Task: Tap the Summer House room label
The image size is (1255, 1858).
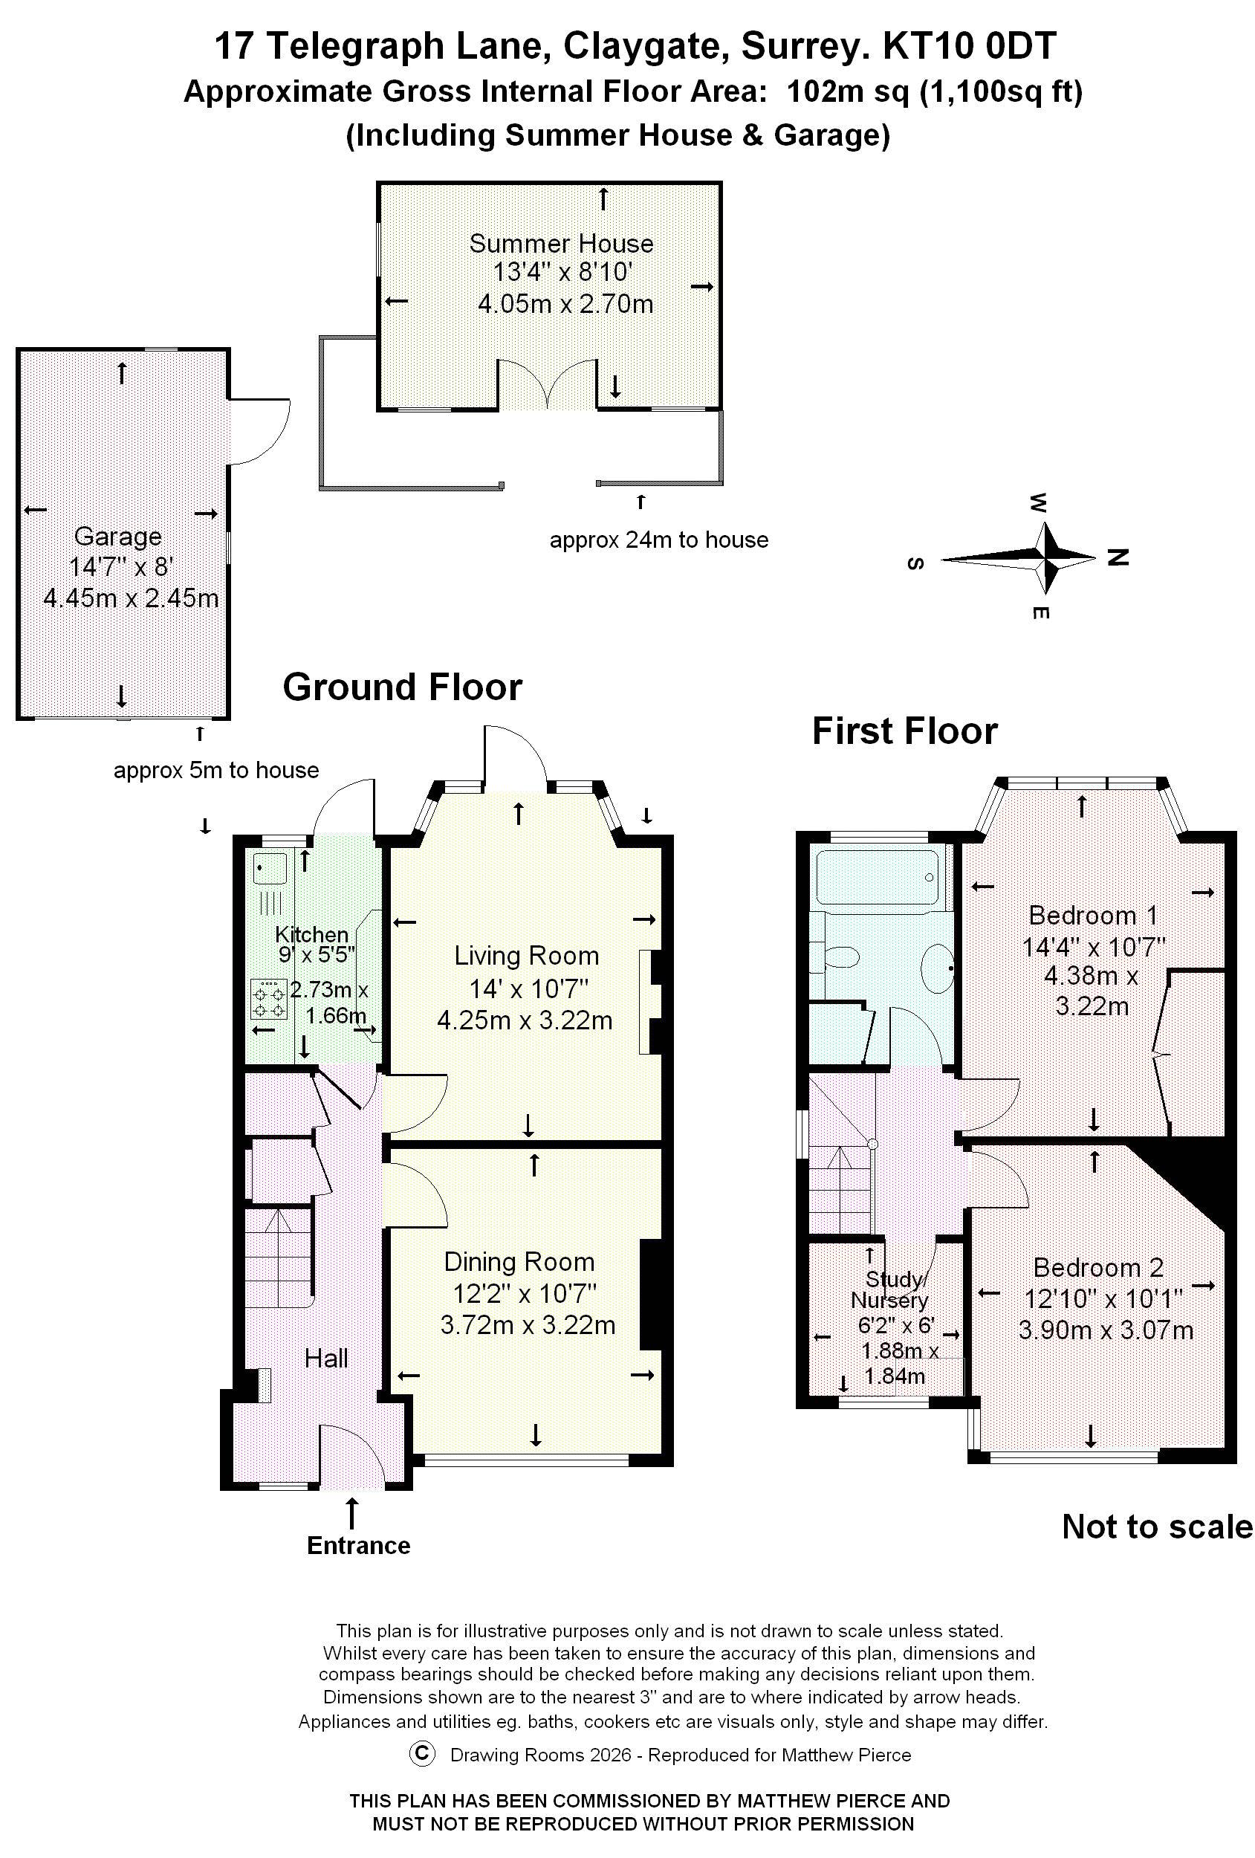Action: pyautogui.click(x=560, y=243)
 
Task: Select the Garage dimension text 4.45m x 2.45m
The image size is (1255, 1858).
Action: pyautogui.click(x=130, y=598)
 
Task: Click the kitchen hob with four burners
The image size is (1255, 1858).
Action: pyautogui.click(x=268, y=1000)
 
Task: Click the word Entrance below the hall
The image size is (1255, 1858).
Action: pyautogui.click(x=358, y=1545)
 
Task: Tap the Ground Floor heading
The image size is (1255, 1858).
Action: pyautogui.click(x=402, y=687)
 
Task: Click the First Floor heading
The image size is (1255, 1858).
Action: pyautogui.click(x=904, y=731)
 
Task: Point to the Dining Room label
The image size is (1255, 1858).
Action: pyautogui.click(x=519, y=1262)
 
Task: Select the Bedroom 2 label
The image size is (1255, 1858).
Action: pyautogui.click(x=1097, y=1267)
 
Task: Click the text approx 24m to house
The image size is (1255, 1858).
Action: pyautogui.click(x=658, y=540)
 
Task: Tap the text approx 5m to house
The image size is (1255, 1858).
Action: pyautogui.click(x=215, y=771)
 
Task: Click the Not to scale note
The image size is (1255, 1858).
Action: pyautogui.click(x=1157, y=1527)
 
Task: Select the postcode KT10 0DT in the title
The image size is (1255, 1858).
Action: pyautogui.click(x=969, y=46)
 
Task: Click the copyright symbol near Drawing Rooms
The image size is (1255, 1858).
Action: pyautogui.click(x=421, y=1754)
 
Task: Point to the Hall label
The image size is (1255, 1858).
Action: pyautogui.click(x=325, y=1358)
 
